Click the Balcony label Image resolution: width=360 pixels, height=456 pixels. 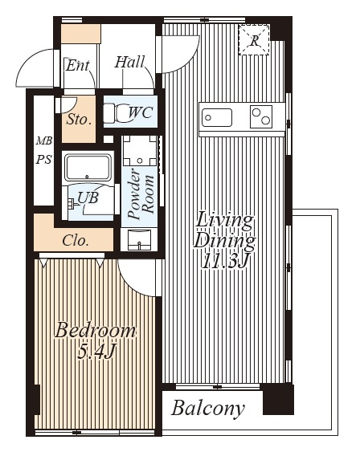[208, 409]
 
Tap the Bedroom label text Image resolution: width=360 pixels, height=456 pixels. [95, 331]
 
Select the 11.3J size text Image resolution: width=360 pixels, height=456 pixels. [225, 261]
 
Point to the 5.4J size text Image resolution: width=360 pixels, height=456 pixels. [97, 351]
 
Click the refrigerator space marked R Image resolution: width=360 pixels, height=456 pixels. [254, 40]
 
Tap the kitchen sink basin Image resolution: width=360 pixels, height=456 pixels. [217, 117]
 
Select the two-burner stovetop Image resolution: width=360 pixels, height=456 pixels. [261, 116]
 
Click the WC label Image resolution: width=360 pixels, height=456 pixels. [141, 112]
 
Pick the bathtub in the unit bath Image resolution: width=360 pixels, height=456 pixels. [88, 168]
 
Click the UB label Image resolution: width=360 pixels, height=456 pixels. [88, 197]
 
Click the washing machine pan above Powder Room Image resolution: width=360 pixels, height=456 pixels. [140, 150]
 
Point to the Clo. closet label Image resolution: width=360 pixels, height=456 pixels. [75, 241]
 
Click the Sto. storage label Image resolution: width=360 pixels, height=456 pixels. [79, 120]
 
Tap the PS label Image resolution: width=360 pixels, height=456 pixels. [43, 160]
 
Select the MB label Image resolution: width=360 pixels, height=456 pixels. [44, 141]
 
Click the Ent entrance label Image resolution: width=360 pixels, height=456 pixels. [77, 66]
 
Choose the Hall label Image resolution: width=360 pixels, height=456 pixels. [129, 62]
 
